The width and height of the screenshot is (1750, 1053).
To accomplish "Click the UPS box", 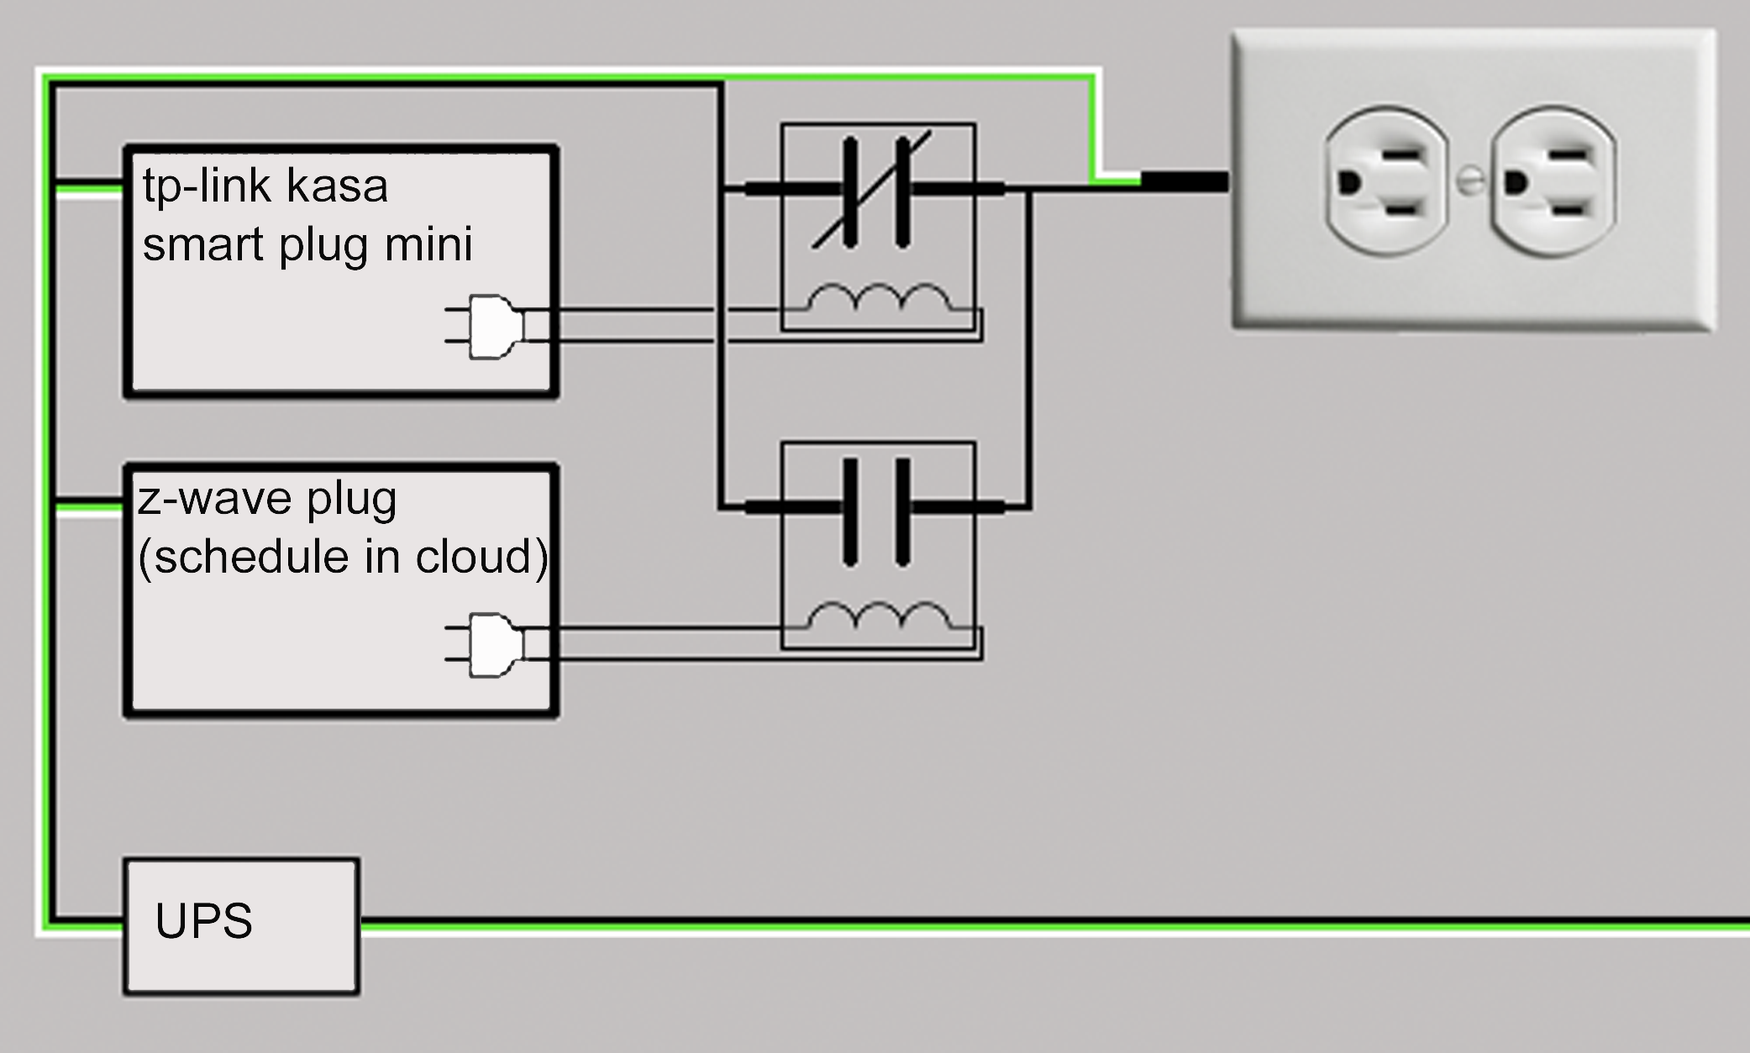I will tap(241, 926).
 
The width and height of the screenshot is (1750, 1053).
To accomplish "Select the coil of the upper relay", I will tap(879, 301).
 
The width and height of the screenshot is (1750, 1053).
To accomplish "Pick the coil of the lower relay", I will tap(879, 619).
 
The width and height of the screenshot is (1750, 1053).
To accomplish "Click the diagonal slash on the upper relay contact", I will tap(871, 191).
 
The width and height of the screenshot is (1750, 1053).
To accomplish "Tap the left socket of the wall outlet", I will tap(1385, 181).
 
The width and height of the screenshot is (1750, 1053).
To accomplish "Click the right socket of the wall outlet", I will tap(1552, 181).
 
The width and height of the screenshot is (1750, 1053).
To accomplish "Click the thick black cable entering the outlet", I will tap(1185, 181).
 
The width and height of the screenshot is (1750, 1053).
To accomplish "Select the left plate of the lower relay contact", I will tap(850, 511).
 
